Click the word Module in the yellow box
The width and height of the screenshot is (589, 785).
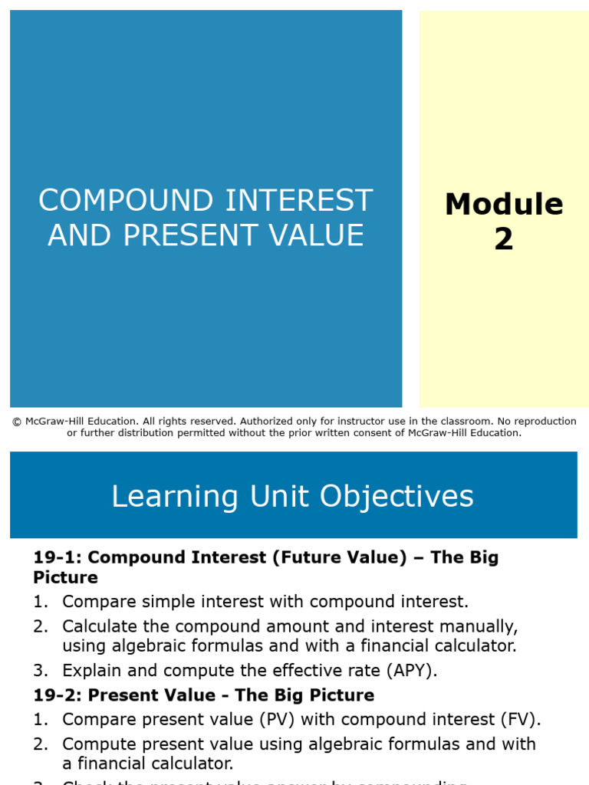click(x=504, y=205)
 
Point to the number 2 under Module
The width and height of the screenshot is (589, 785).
click(x=504, y=239)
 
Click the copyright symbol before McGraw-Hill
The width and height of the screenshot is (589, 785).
click(x=16, y=422)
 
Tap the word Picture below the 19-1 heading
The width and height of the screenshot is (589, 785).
click(x=65, y=577)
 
